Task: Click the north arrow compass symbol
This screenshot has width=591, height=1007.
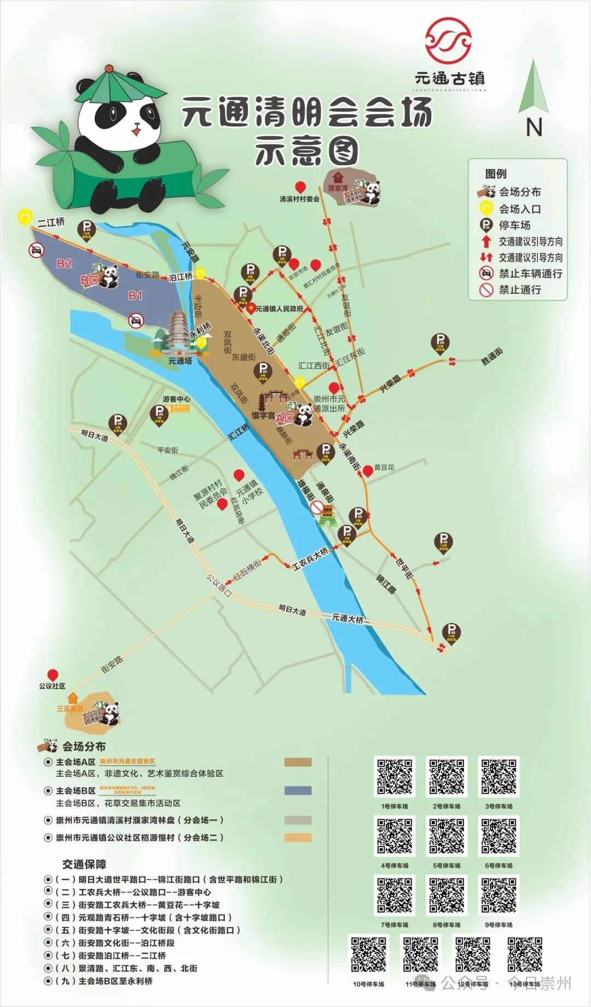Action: click(533, 88)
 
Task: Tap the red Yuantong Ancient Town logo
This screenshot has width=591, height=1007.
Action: click(448, 39)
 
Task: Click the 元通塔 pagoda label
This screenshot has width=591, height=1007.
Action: click(180, 361)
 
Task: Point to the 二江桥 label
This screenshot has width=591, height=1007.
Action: click(51, 222)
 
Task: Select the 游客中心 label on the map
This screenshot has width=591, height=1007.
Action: click(176, 399)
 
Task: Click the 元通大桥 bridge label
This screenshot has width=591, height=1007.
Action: click(347, 619)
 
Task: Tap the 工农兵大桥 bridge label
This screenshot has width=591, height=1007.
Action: click(310, 559)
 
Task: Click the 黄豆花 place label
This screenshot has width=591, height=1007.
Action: click(384, 468)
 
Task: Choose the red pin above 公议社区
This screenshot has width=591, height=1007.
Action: click(53, 675)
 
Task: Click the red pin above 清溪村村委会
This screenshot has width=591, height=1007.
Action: click(300, 187)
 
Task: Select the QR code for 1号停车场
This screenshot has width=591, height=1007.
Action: click(395, 777)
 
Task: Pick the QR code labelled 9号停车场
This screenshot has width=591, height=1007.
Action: click(499, 895)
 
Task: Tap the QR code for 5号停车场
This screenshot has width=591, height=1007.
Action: click(447, 836)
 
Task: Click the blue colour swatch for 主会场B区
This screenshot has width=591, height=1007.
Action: click(298, 790)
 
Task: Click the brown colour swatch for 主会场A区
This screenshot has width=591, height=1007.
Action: click(298, 762)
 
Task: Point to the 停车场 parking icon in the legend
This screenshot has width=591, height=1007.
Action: click(486, 225)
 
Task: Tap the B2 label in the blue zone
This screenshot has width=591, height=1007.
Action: click(65, 264)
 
